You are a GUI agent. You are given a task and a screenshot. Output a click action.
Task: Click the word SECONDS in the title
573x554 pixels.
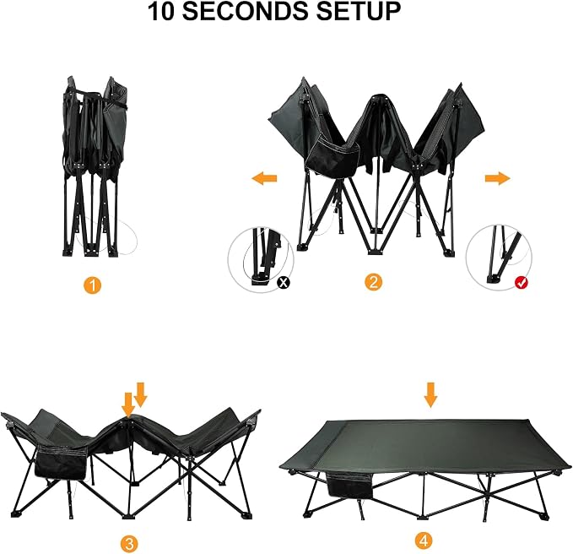(x=246, y=11)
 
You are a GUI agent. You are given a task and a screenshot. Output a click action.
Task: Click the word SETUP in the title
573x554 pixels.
(x=359, y=11)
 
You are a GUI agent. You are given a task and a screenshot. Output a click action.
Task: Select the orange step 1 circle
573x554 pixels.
(x=93, y=285)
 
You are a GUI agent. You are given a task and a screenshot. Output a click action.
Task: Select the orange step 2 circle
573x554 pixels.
(x=373, y=282)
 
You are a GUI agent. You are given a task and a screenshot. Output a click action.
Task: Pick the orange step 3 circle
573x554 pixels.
(x=129, y=544)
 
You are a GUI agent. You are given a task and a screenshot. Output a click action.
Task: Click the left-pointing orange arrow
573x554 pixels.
(x=264, y=178)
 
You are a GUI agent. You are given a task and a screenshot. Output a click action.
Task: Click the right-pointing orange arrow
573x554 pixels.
(x=497, y=178)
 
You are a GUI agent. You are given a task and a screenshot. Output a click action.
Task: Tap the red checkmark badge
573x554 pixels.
(x=522, y=282)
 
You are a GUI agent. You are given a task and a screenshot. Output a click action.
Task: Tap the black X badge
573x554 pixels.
(x=284, y=282)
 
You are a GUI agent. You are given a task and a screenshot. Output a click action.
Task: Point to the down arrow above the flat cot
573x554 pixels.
(x=431, y=394)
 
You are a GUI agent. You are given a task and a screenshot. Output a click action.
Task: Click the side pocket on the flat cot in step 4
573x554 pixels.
(x=349, y=486)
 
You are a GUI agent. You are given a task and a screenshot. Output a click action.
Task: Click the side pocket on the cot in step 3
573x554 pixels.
(x=61, y=465)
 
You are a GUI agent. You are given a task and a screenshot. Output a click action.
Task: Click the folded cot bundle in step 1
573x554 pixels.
(x=90, y=166)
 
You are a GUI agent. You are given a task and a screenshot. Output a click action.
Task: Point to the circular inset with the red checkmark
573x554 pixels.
(x=499, y=258)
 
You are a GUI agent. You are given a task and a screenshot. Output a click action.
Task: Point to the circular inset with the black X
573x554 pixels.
(x=261, y=259)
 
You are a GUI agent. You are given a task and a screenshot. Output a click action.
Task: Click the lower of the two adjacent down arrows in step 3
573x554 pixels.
(x=128, y=404)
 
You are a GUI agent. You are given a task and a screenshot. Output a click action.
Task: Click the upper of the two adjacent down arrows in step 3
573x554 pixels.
(x=140, y=394)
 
